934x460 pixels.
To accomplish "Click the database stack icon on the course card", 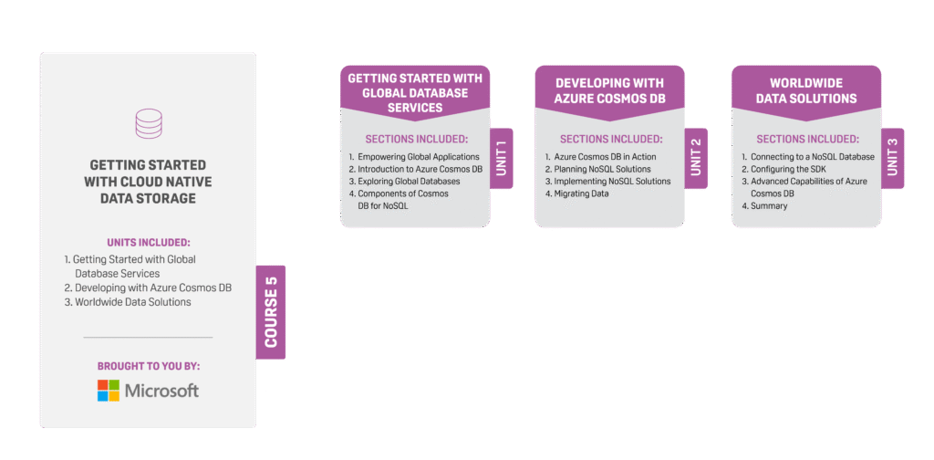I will tap(148, 124).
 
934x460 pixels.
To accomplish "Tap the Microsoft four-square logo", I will tap(109, 391).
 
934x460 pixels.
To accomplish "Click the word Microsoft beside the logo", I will tap(162, 391).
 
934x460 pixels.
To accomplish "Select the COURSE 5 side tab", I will tap(271, 312).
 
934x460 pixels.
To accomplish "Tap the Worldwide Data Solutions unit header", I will tap(806, 90).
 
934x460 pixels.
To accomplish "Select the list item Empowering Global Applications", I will tap(418, 157).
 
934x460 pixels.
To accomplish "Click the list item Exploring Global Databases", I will tap(409, 182).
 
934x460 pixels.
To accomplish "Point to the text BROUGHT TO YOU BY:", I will tap(148, 366).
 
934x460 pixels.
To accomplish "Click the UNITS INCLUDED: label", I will tap(148, 243).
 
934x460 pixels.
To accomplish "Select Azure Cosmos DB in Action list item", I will tap(605, 157).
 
